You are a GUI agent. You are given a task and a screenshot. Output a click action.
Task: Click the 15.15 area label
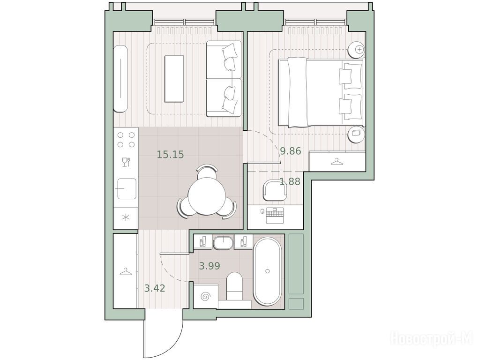click(x=171, y=155)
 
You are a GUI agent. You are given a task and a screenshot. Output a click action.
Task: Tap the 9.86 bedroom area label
click(x=291, y=151)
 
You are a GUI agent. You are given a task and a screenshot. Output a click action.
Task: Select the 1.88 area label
click(x=290, y=181)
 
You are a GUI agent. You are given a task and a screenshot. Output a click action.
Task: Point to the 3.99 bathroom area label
click(x=210, y=266)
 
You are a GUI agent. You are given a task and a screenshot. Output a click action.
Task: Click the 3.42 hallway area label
click(x=155, y=288)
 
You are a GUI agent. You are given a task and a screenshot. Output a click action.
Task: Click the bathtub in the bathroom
click(x=268, y=271)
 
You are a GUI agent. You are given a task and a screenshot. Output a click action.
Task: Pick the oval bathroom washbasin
click(x=223, y=243)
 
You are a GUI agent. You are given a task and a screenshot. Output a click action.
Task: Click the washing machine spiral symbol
click(x=205, y=296)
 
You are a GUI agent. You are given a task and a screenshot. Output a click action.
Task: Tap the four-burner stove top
click(x=126, y=139)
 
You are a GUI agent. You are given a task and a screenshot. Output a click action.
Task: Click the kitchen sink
click(x=127, y=189)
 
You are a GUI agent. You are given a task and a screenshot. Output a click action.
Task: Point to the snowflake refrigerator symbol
click(x=126, y=217)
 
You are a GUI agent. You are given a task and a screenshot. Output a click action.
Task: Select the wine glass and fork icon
click(x=126, y=162)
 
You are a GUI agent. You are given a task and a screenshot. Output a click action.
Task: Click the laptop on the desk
click(x=275, y=215)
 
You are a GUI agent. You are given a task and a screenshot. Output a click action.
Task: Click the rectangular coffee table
click(x=174, y=79)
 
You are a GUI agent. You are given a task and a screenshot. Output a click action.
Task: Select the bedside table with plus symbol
click(x=357, y=49)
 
